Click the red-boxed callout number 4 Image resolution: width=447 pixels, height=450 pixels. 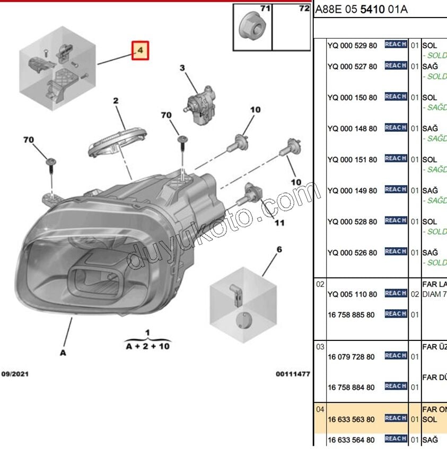pyautogui.click(x=141, y=50)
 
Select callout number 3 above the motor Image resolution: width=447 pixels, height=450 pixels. pyautogui.click(x=182, y=68)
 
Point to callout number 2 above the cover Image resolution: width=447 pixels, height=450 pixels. pyautogui.click(x=115, y=101)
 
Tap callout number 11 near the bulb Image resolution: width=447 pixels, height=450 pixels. pyautogui.click(x=279, y=222)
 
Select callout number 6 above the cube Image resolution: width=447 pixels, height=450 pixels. pyautogui.click(x=279, y=249)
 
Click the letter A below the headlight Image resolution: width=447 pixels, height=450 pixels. pyautogui.click(x=63, y=352)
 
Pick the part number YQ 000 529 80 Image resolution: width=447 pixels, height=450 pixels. pyautogui.click(x=352, y=46)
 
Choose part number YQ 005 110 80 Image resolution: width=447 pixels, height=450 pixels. pyautogui.click(x=352, y=294)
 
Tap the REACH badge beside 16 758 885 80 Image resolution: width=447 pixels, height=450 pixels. pyautogui.click(x=396, y=314)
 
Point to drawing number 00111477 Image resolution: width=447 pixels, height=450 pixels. pyautogui.click(x=293, y=374)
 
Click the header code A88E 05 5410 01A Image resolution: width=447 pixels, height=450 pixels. pyautogui.click(x=362, y=10)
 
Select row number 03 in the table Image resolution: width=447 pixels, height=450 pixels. pyautogui.click(x=320, y=347)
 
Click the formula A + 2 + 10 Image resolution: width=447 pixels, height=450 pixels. pyautogui.click(x=147, y=346)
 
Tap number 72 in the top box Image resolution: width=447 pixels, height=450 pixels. pyautogui.click(x=304, y=8)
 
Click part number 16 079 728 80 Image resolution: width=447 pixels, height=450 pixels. pyautogui.click(x=351, y=356)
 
